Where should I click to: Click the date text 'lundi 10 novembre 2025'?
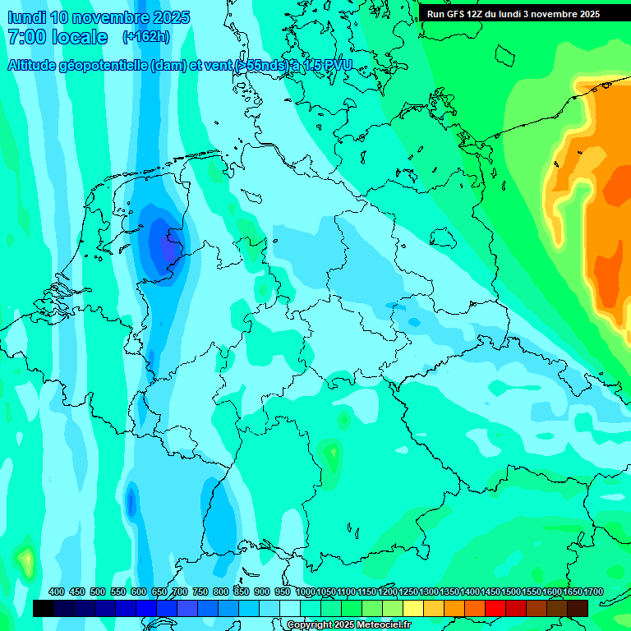(x=98, y=17)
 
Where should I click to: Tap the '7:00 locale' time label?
(x=58, y=37)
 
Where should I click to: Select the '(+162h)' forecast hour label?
(x=147, y=37)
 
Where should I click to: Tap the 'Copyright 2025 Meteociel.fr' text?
(x=348, y=625)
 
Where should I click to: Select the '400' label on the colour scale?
(x=57, y=592)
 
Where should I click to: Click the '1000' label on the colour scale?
(x=306, y=592)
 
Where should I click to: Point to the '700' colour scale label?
(x=180, y=592)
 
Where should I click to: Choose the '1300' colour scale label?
(x=429, y=592)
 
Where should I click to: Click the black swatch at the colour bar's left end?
(x=44, y=608)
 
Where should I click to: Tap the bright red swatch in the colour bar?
(x=495, y=608)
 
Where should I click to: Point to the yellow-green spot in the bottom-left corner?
(x=27, y=562)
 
